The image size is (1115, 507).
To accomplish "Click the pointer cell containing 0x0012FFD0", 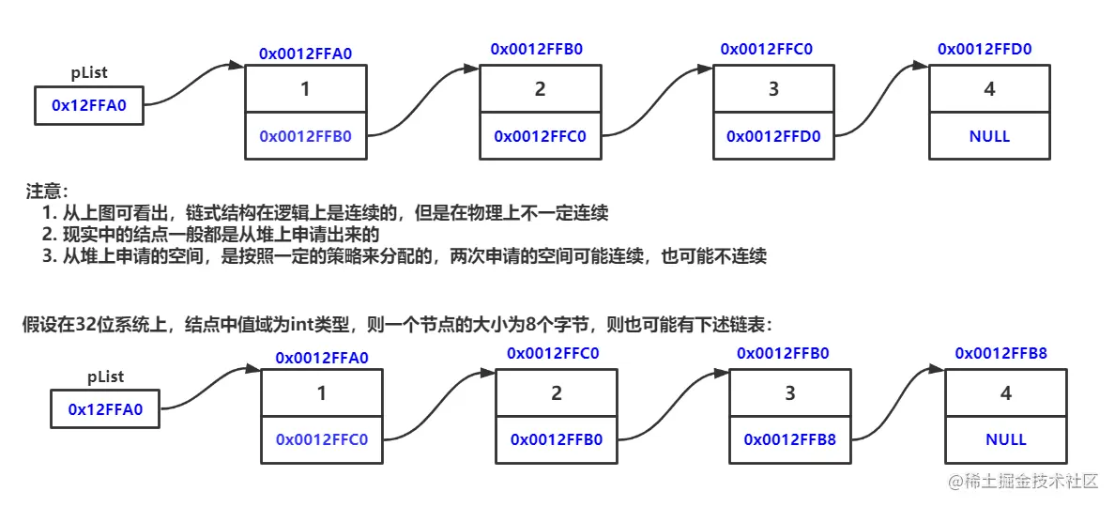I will [x=773, y=136].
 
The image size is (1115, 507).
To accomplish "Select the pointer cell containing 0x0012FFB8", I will [x=790, y=439].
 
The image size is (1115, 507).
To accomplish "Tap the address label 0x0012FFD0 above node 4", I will [x=985, y=48].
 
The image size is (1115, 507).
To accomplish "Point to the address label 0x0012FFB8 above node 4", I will [x=1000, y=352].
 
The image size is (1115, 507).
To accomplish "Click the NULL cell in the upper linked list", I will [x=989, y=136].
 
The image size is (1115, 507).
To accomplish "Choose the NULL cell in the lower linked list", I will [x=1006, y=439].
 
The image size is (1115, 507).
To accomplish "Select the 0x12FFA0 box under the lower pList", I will [x=105, y=409].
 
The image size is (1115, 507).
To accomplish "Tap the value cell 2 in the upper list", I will [x=540, y=89].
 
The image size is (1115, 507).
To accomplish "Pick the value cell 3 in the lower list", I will [x=790, y=393].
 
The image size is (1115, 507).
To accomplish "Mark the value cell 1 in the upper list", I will [x=305, y=89].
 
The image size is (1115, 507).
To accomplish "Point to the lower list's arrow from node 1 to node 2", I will [x=439, y=404].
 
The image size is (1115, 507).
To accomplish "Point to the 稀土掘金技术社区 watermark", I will [x=1022, y=482].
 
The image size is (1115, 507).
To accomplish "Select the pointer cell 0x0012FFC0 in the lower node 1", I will [x=321, y=439].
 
